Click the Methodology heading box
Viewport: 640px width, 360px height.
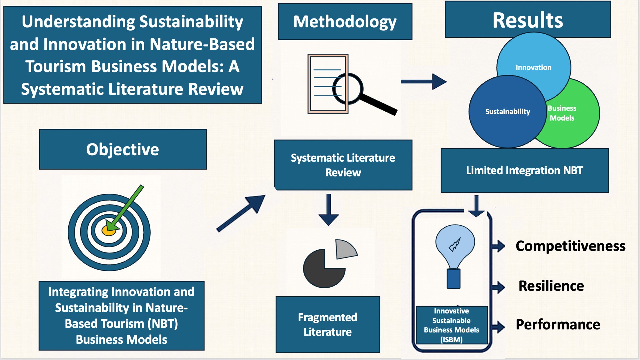(x=345, y=22)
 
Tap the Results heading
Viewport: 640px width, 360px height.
(x=528, y=20)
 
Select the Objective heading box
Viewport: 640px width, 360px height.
(x=123, y=149)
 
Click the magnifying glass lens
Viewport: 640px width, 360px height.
(x=348, y=89)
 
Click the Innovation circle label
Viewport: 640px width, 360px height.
(x=533, y=67)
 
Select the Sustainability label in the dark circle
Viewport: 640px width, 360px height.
(x=507, y=112)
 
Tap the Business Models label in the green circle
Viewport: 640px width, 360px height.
(x=562, y=113)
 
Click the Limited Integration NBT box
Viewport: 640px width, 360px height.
(x=524, y=170)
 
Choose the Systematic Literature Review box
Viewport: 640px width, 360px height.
(x=343, y=165)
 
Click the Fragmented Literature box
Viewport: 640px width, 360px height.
(x=328, y=324)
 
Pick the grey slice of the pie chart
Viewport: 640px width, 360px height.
(x=345, y=249)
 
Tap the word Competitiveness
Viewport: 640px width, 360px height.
(x=570, y=246)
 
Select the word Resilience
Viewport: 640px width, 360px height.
(x=551, y=286)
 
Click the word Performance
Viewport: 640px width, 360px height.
(x=558, y=324)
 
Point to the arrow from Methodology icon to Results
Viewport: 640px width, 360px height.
(x=423, y=82)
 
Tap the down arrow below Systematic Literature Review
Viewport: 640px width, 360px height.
(x=329, y=210)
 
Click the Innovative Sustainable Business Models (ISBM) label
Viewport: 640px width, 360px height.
(x=451, y=325)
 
